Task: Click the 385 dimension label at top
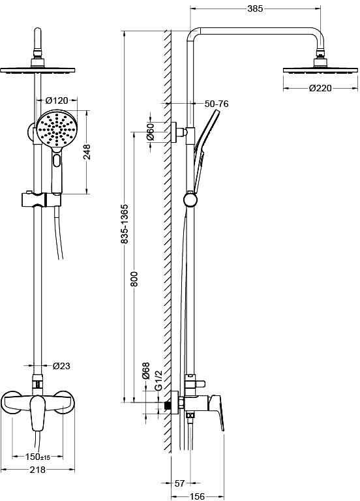255,8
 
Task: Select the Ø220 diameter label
320,88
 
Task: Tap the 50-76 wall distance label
217,104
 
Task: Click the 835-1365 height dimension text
125,224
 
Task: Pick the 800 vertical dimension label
134,279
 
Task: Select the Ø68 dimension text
145,371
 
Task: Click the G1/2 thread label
158,380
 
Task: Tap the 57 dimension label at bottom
180,483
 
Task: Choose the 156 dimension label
197,496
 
